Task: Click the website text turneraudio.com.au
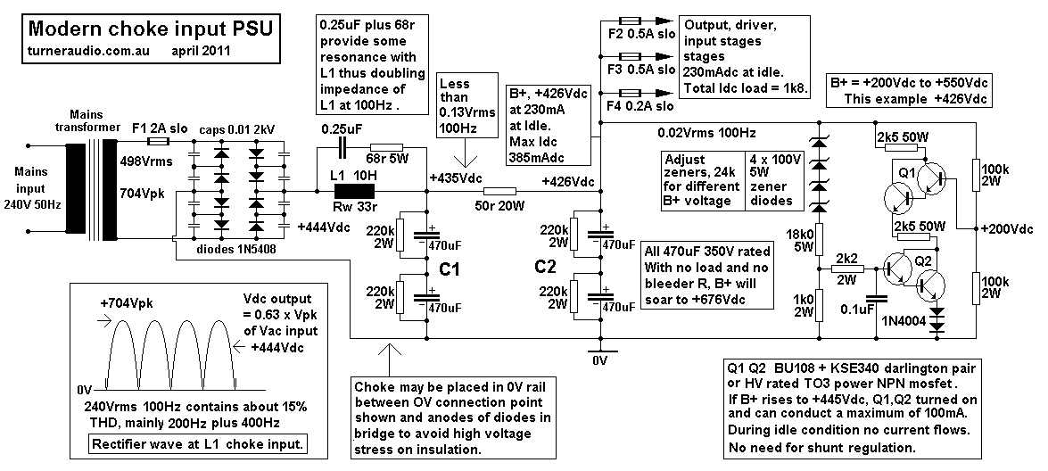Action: coord(79,51)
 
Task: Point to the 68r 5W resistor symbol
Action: coord(387,150)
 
